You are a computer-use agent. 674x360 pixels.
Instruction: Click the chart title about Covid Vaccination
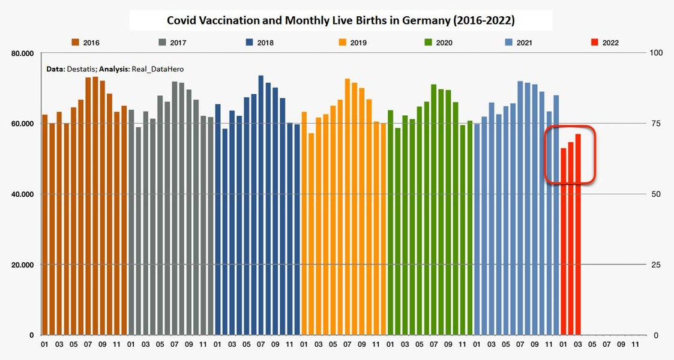point(340,20)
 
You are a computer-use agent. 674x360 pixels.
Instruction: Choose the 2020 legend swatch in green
point(429,43)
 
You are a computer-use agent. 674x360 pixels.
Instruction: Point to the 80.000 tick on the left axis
point(22,53)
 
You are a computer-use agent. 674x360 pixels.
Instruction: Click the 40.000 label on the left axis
point(22,194)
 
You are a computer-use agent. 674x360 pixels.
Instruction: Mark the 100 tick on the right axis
point(657,53)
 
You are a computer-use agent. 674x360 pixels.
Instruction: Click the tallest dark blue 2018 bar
point(260,204)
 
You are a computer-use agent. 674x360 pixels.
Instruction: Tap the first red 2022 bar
point(564,240)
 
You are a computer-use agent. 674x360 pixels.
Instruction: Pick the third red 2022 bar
point(578,234)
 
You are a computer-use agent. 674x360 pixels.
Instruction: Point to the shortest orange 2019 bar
point(311,234)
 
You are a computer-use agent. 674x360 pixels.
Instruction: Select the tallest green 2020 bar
point(433,210)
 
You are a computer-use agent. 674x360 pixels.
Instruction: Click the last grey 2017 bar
point(210,226)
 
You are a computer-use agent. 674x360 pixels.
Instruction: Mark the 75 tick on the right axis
point(655,124)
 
